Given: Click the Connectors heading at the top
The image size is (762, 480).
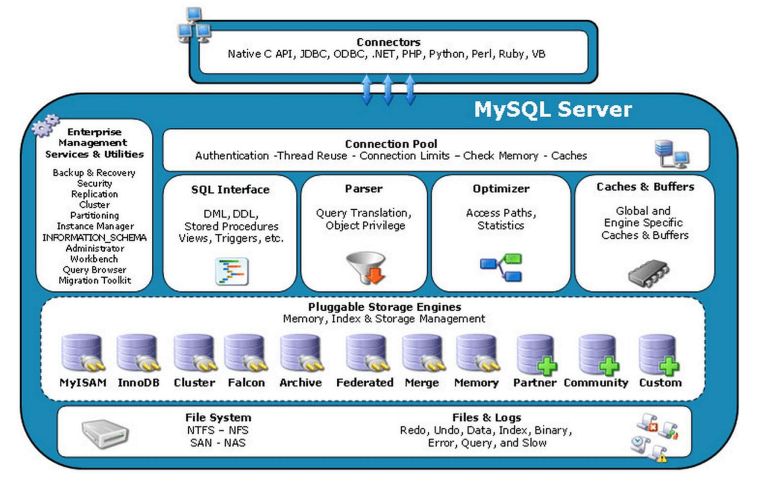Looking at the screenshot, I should point(388,42).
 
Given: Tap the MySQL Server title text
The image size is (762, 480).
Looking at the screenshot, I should point(552,109).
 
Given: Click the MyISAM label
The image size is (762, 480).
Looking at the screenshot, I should point(82,383).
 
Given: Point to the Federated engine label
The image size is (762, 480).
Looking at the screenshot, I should point(364,383).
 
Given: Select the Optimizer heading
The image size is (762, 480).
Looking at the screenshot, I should point(501,189).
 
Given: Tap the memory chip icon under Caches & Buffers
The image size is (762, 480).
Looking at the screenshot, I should point(648,272).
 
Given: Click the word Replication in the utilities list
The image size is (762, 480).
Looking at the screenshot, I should point(94,194).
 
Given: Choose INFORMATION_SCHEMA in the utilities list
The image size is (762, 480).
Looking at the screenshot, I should point(94,238).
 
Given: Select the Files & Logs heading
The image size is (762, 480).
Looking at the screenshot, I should point(486,417).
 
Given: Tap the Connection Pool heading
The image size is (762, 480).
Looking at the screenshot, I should point(391,144).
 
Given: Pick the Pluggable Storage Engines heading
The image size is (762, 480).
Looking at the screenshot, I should point(384,307).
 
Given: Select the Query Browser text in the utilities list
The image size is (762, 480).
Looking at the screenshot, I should point(94,270).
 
